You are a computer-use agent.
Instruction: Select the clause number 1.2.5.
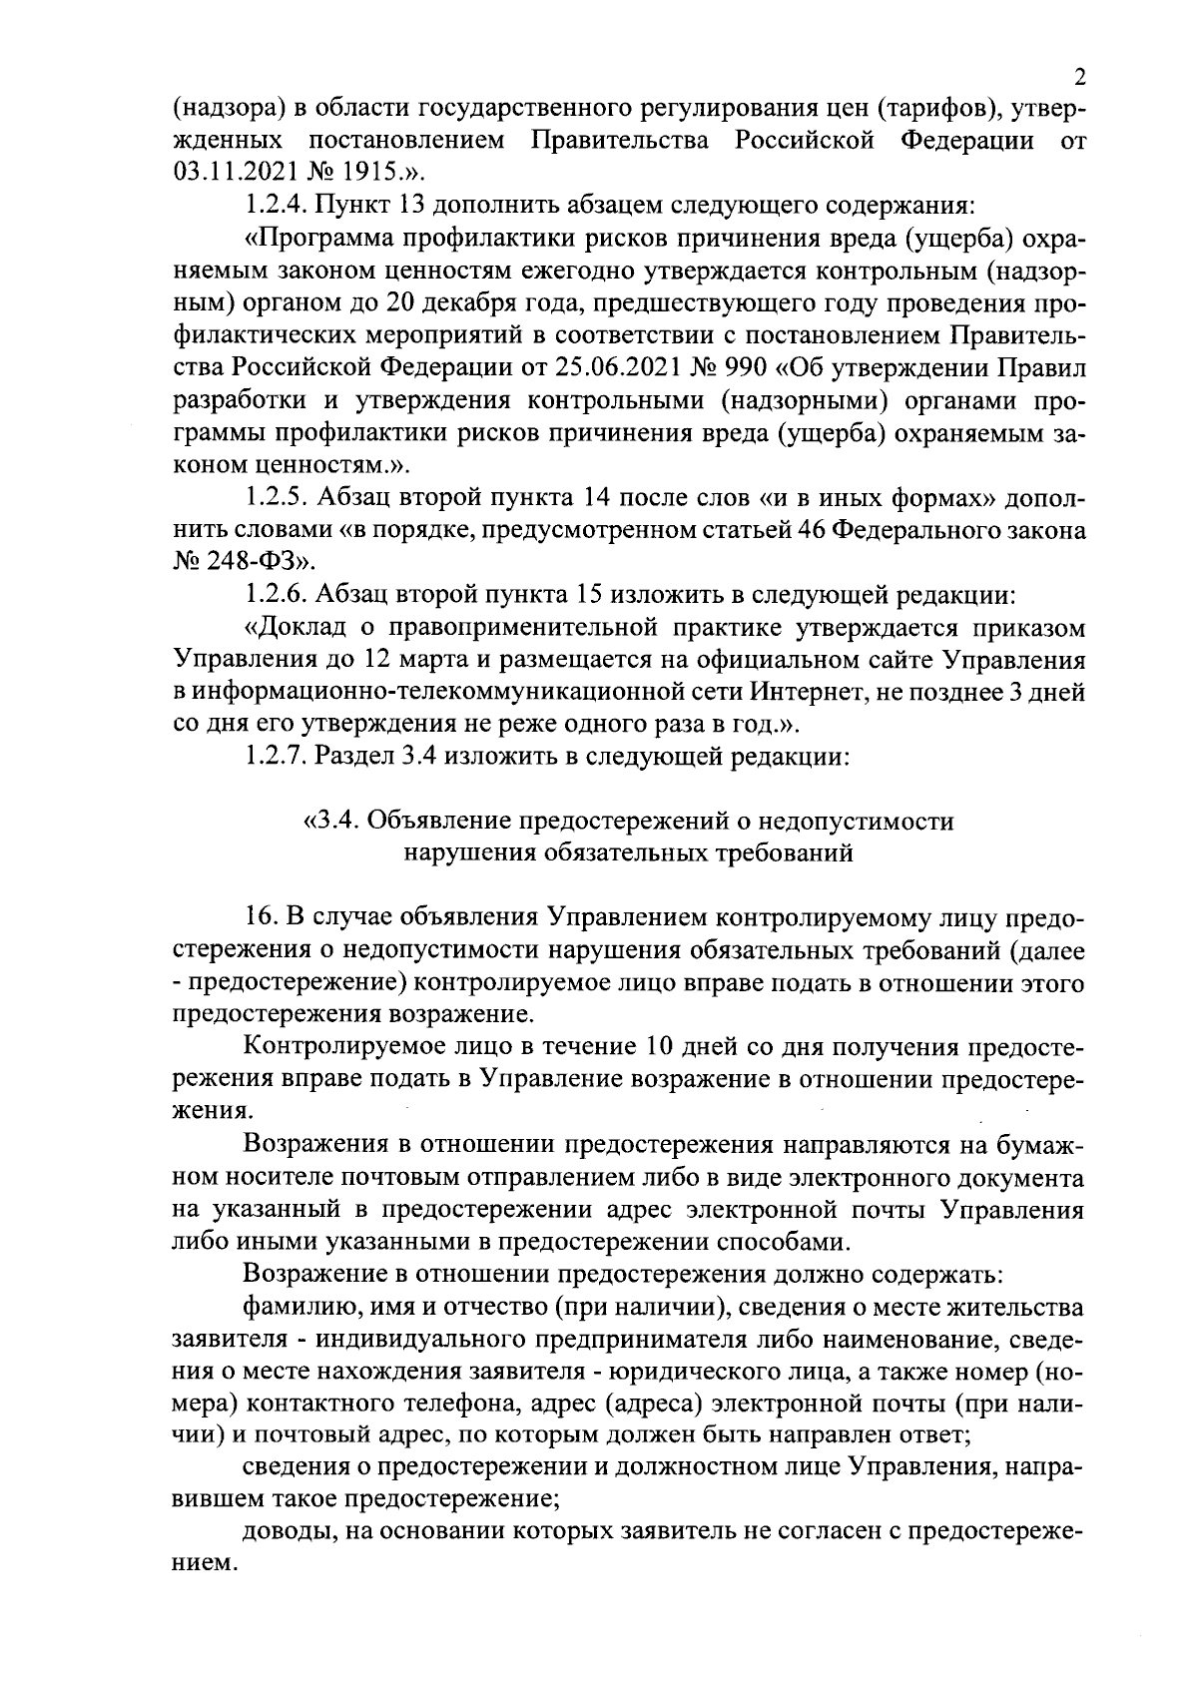click(x=276, y=497)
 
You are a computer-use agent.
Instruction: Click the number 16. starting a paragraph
click(x=259, y=918)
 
